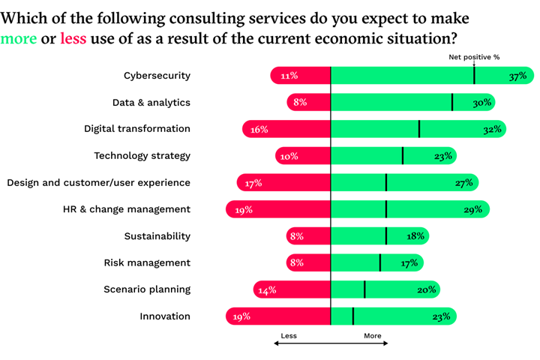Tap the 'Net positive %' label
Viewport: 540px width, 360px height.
pyautogui.click(x=474, y=57)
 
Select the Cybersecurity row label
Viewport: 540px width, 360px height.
pyautogui.click(x=157, y=75)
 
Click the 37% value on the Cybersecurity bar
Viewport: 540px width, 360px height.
pyautogui.click(x=517, y=76)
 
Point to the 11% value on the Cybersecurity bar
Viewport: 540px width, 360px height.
pyautogui.click(x=289, y=76)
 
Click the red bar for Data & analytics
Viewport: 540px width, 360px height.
pyautogui.click(x=308, y=103)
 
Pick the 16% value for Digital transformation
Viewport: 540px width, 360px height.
pyautogui.click(x=259, y=130)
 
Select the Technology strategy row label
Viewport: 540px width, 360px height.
pyautogui.click(x=142, y=156)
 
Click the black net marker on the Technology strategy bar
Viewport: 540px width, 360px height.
pyautogui.click(x=403, y=156)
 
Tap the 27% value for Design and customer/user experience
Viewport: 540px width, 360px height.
pyautogui.click(x=463, y=183)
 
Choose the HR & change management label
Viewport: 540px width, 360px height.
pyautogui.click(x=127, y=209)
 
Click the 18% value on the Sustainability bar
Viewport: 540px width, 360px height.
pyautogui.click(x=415, y=236)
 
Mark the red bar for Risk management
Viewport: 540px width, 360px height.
pyautogui.click(x=308, y=263)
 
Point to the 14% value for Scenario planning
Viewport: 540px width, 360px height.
pyautogui.click(x=267, y=290)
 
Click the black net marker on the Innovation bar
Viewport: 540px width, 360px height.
pyautogui.click(x=353, y=316)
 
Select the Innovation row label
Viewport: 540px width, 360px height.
pyautogui.click(x=165, y=316)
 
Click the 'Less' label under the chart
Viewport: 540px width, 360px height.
pyautogui.click(x=289, y=336)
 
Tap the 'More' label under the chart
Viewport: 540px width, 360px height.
pyautogui.click(x=372, y=336)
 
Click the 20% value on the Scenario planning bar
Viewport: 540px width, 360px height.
pyautogui.click(x=426, y=290)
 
